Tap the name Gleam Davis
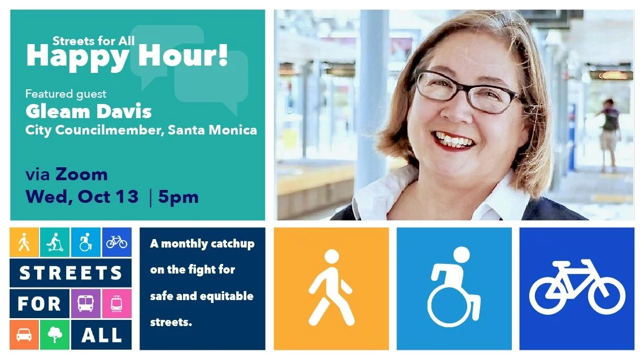tap(88, 111)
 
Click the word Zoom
tap(81, 175)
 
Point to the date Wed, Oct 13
tap(82, 197)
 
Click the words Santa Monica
tap(212, 130)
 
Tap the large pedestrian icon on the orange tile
tap(331, 288)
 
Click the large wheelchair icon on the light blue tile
tap(454, 287)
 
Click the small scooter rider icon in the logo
tap(55, 242)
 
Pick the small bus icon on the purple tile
tap(85, 303)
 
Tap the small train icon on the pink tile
tap(116, 303)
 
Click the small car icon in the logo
tap(24, 335)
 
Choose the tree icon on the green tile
tap(55, 335)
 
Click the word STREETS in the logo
tap(71, 274)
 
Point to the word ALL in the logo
tap(102, 335)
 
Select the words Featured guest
tap(66, 94)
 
